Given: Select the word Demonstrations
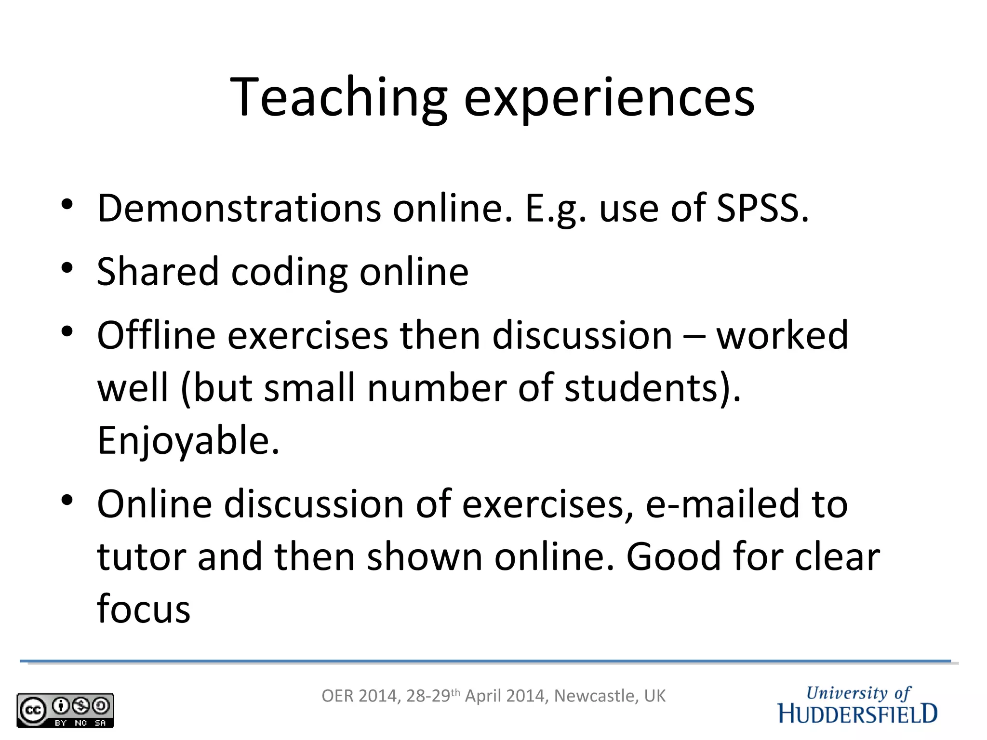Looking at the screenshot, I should click(239, 209).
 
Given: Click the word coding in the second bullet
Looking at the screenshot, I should click(289, 272).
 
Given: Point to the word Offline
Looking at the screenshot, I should click(156, 335).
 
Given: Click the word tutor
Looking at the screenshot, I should click(142, 557).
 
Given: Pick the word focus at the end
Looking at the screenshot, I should click(144, 609).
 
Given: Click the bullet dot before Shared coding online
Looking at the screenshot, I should click(67, 267).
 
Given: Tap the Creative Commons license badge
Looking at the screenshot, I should click(65, 710).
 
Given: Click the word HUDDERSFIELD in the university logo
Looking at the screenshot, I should click(857, 714).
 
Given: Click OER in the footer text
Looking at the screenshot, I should click(337, 696).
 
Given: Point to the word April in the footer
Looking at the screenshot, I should click(482, 696).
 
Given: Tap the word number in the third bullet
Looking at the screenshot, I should click(436, 388).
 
